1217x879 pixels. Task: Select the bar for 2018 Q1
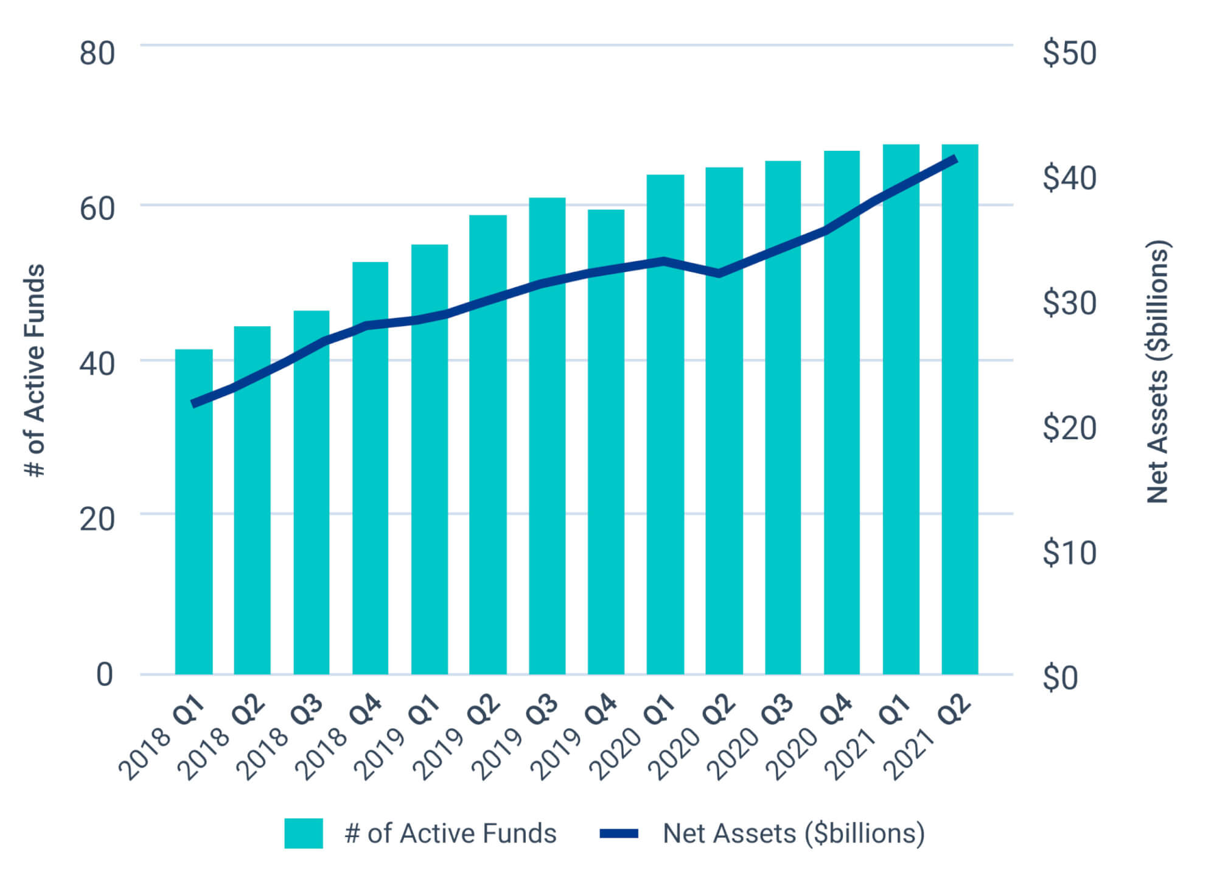click(x=194, y=511)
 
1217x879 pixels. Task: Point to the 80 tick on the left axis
click(x=97, y=54)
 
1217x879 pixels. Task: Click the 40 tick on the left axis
click(x=97, y=364)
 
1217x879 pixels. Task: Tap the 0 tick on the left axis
click(x=105, y=675)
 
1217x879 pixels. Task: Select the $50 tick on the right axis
click(x=1069, y=54)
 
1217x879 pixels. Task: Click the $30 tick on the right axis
click(x=1069, y=303)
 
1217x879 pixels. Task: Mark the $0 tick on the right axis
click(x=1060, y=677)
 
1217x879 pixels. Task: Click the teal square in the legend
click(x=303, y=833)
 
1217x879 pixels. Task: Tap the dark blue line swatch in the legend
click(x=619, y=833)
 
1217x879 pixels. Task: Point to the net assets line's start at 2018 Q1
click(x=194, y=403)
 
